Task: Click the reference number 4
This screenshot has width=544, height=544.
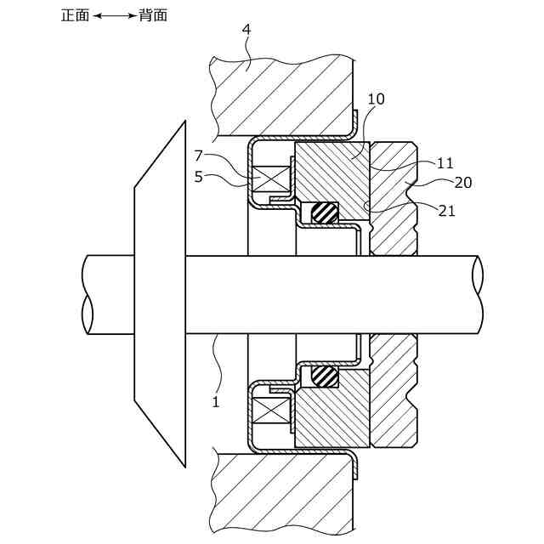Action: pos(246,30)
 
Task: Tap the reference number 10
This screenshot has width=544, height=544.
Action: pos(376,99)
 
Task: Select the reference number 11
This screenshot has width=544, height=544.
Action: pos(445,163)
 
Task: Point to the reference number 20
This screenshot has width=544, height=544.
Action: pos(462,182)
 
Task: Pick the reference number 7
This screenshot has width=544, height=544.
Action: pos(198,156)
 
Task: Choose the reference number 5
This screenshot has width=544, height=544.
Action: pos(198,178)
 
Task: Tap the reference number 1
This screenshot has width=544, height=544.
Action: pos(216,401)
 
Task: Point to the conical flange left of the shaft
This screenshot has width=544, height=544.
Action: pos(161,293)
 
